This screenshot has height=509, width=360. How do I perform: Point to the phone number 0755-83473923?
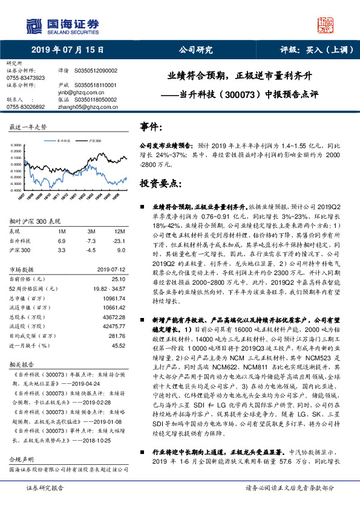click(x=25, y=78)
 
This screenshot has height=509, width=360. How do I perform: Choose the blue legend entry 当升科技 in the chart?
click(x=62, y=140)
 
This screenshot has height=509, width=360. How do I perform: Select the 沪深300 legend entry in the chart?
click(x=94, y=140)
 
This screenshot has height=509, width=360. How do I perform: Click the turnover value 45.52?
click(x=117, y=345)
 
